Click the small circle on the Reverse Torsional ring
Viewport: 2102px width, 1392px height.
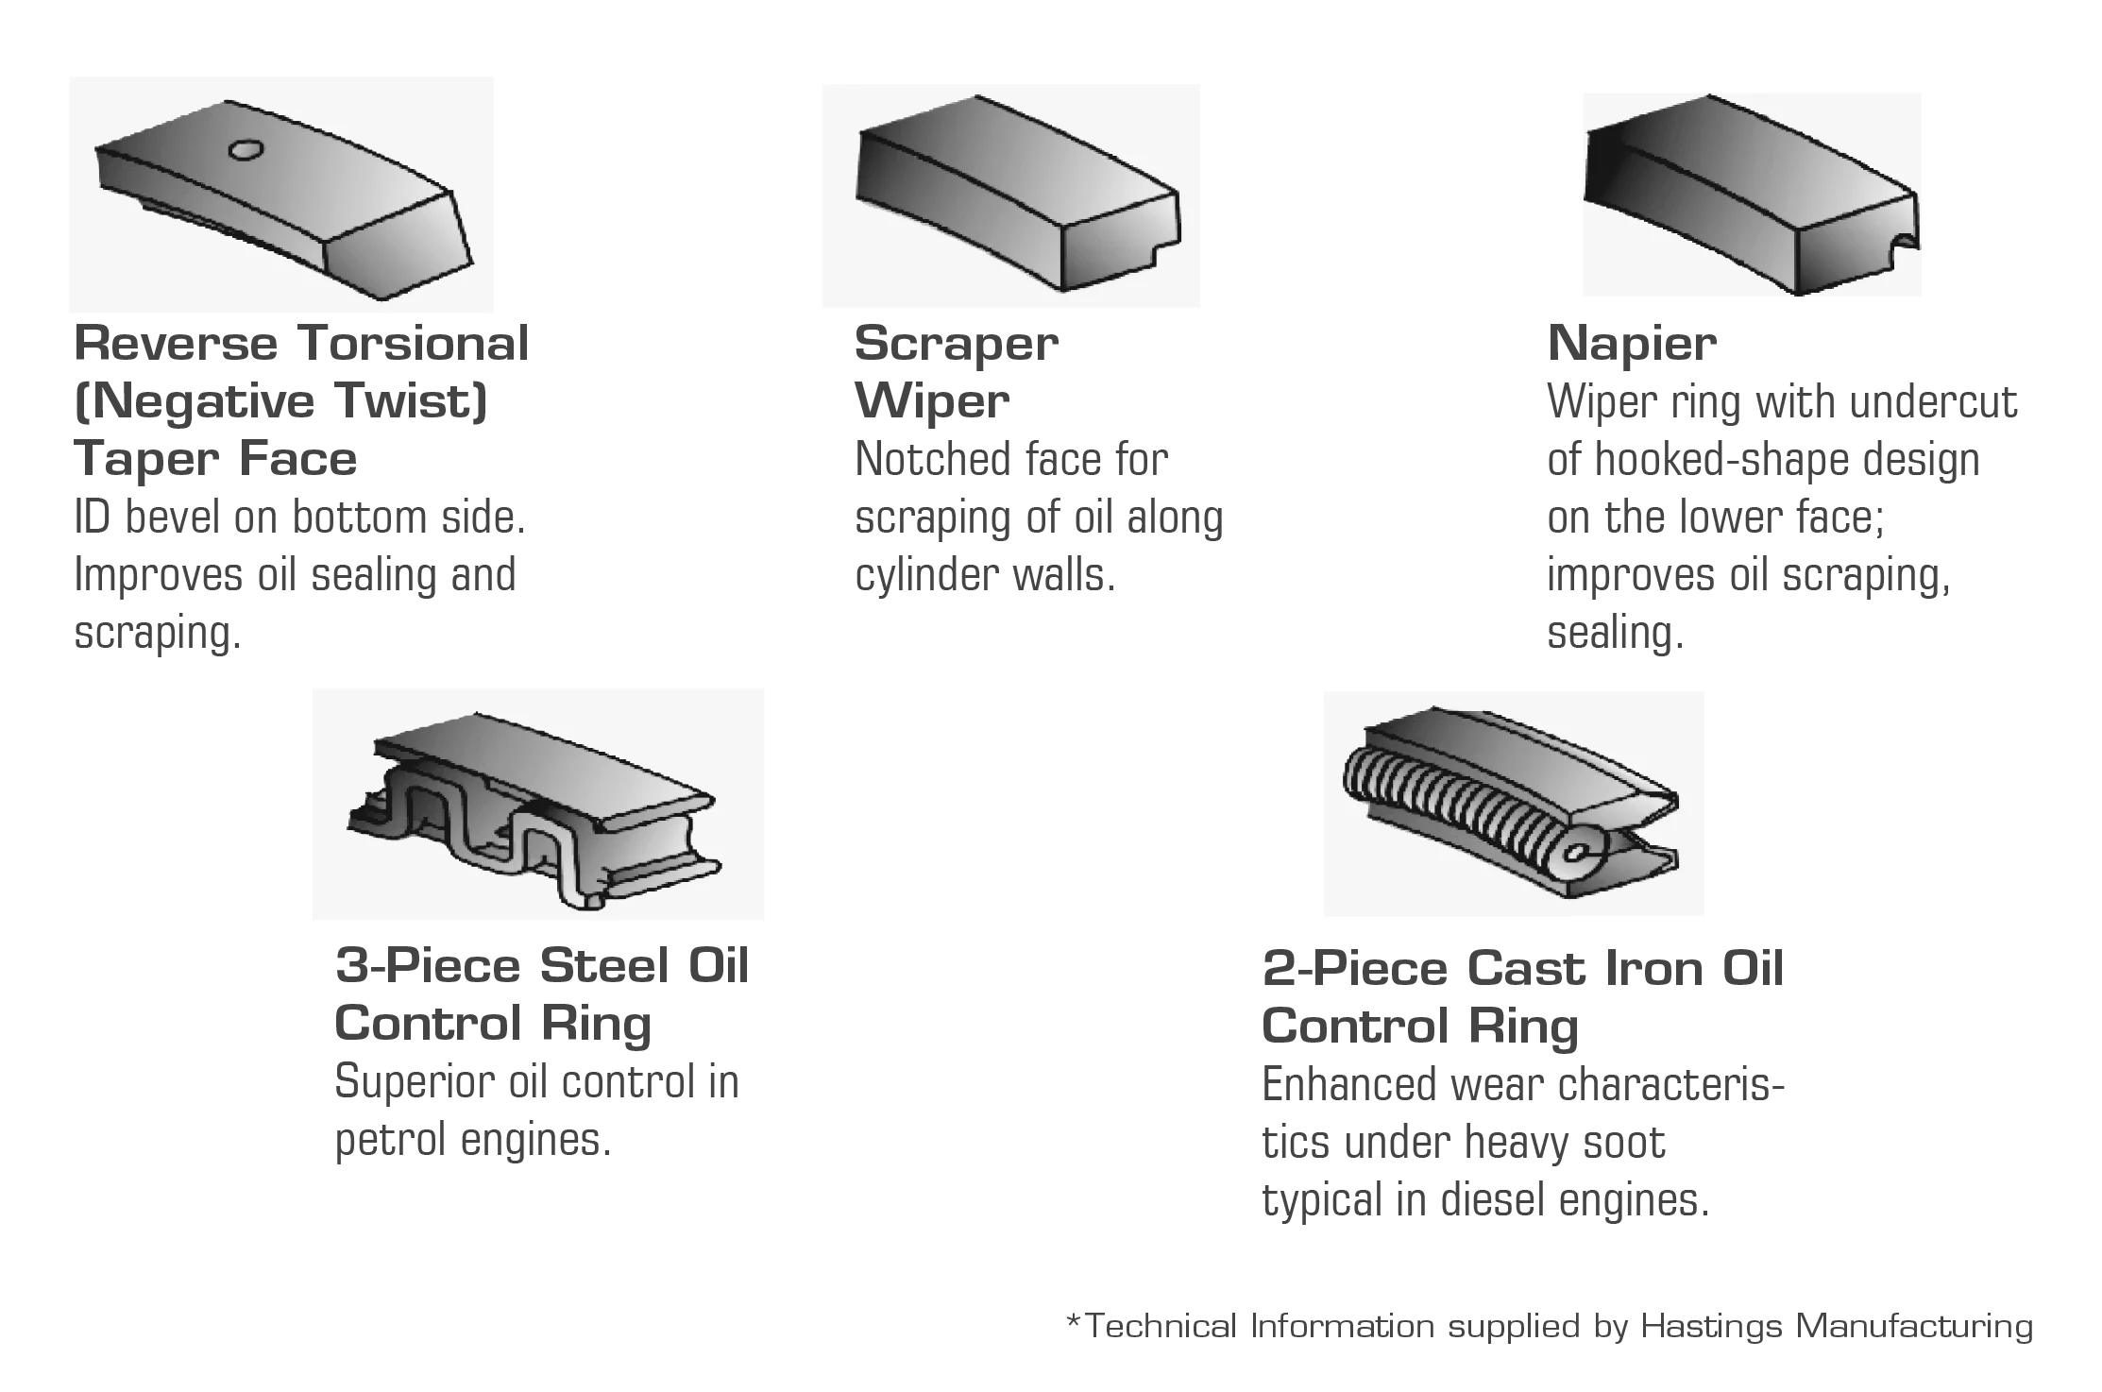[x=246, y=149]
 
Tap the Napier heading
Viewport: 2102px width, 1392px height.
[x=1632, y=343]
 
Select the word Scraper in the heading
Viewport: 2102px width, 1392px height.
[x=956, y=344]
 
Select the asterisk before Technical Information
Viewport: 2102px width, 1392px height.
[x=1073, y=1320]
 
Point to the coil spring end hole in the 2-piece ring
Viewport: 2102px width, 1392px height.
[x=1572, y=855]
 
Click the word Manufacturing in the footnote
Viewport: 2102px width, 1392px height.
[x=1914, y=1327]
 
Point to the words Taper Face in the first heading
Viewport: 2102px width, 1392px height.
[x=215, y=459]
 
